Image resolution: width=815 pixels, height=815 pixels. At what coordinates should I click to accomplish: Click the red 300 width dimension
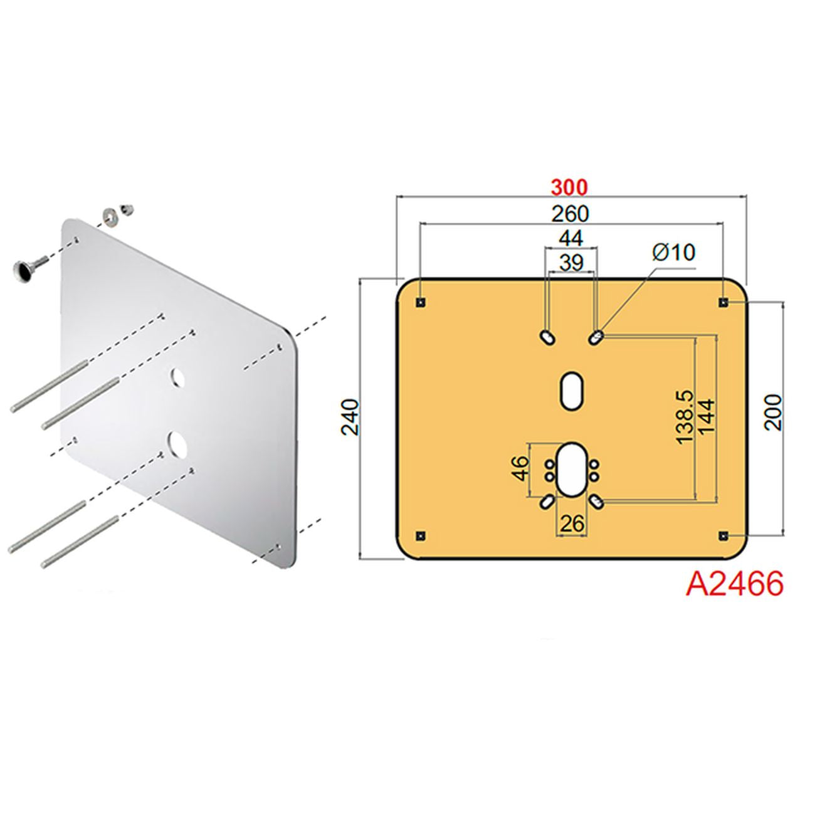click(x=570, y=188)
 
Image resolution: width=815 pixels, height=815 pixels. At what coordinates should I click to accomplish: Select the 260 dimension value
click(x=570, y=214)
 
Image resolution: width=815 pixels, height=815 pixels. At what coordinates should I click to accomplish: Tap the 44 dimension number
click(x=570, y=238)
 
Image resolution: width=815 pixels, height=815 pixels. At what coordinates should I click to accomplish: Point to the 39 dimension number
click(x=571, y=263)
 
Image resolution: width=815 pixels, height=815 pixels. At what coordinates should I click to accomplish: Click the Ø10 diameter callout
click(x=674, y=253)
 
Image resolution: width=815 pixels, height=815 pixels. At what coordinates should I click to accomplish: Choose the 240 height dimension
click(x=350, y=417)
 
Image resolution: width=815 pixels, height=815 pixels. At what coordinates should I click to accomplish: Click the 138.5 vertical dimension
click(x=685, y=417)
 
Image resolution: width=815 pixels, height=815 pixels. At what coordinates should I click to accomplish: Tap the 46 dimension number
click(x=520, y=468)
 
